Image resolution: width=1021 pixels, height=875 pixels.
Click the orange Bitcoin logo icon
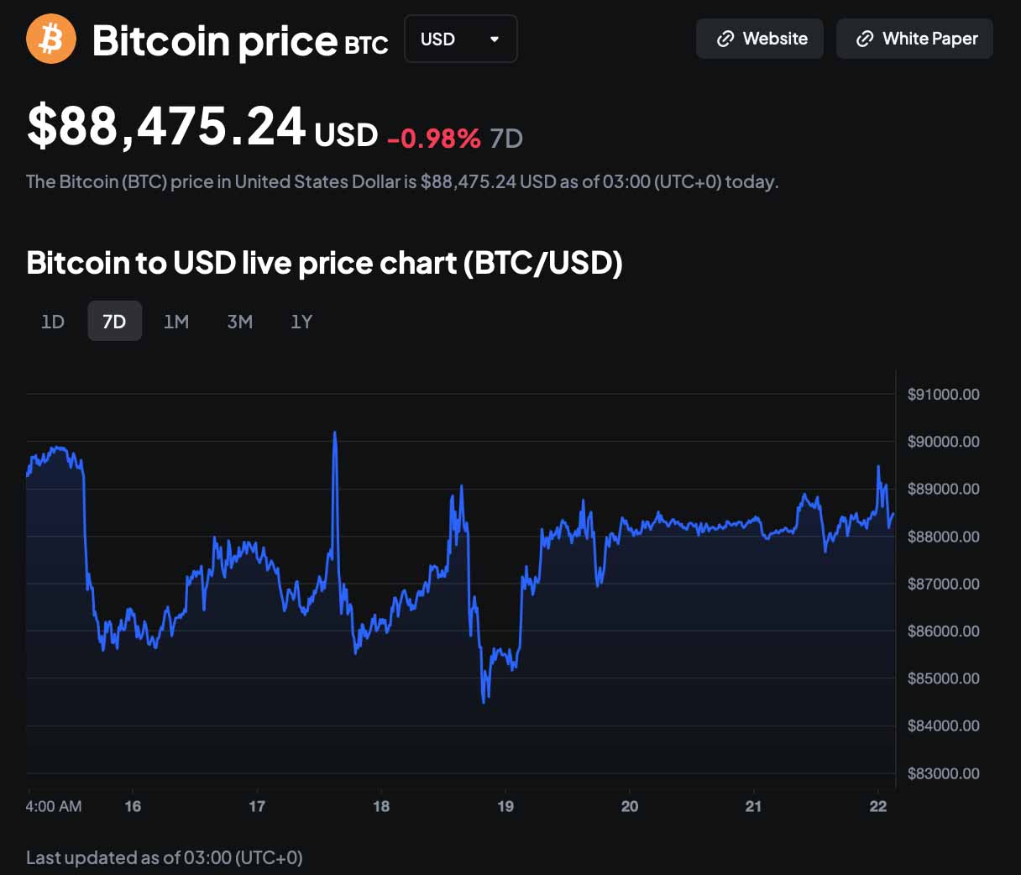[51, 39]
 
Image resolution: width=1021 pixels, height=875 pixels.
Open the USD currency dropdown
[460, 39]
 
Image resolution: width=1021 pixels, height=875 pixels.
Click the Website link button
[760, 39]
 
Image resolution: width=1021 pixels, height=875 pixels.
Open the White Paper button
[914, 39]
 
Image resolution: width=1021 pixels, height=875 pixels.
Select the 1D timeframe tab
[53, 322]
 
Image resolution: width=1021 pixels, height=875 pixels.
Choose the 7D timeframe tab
[114, 322]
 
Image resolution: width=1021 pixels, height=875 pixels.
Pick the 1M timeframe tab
[176, 322]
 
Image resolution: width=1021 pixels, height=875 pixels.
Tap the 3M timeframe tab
[240, 322]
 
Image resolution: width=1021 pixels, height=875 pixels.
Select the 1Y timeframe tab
[301, 322]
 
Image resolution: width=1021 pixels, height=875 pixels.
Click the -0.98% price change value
[434, 138]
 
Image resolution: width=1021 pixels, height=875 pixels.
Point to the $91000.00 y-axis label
[943, 395]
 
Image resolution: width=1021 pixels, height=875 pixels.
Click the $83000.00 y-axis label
[943, 773]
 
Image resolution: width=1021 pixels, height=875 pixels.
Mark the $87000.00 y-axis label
[943, 584]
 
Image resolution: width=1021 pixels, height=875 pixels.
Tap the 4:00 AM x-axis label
[54, 806]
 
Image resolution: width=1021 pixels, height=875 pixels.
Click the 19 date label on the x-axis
[505, 806]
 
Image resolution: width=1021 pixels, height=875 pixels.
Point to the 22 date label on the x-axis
[878, 806]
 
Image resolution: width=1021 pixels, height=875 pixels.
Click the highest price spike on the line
[335, 433]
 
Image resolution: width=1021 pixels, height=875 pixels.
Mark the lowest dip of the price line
[484, 701]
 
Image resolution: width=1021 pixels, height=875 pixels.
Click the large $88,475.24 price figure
[166, 128]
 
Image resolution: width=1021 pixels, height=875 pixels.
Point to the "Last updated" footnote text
[165, 857]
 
